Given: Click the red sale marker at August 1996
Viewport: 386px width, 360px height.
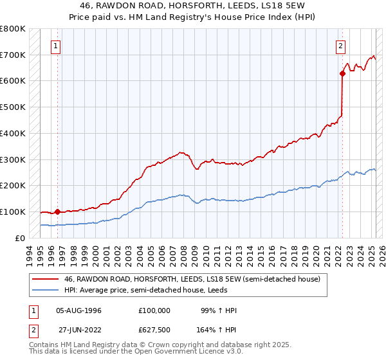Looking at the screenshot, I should (x=57, y=211).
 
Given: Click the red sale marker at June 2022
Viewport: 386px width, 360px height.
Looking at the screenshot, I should (x=342, y=73).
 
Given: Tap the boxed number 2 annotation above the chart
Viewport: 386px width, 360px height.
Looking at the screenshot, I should (x=340, y=46).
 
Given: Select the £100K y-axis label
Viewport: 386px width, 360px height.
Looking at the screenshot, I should (x=13, y=212).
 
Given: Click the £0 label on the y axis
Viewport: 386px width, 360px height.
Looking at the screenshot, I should (x=20, y=238).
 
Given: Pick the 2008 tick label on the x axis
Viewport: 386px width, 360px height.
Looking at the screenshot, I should (x=185, y=255).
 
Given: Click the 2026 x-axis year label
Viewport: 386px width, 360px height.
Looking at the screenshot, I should (x=381, y=255).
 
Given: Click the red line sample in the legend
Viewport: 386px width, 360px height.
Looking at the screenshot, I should (x=46, y=279).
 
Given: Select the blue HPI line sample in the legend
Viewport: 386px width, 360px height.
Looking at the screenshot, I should (x=46, y=290).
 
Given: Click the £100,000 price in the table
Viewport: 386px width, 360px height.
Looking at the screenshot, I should (x=154, y=310).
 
